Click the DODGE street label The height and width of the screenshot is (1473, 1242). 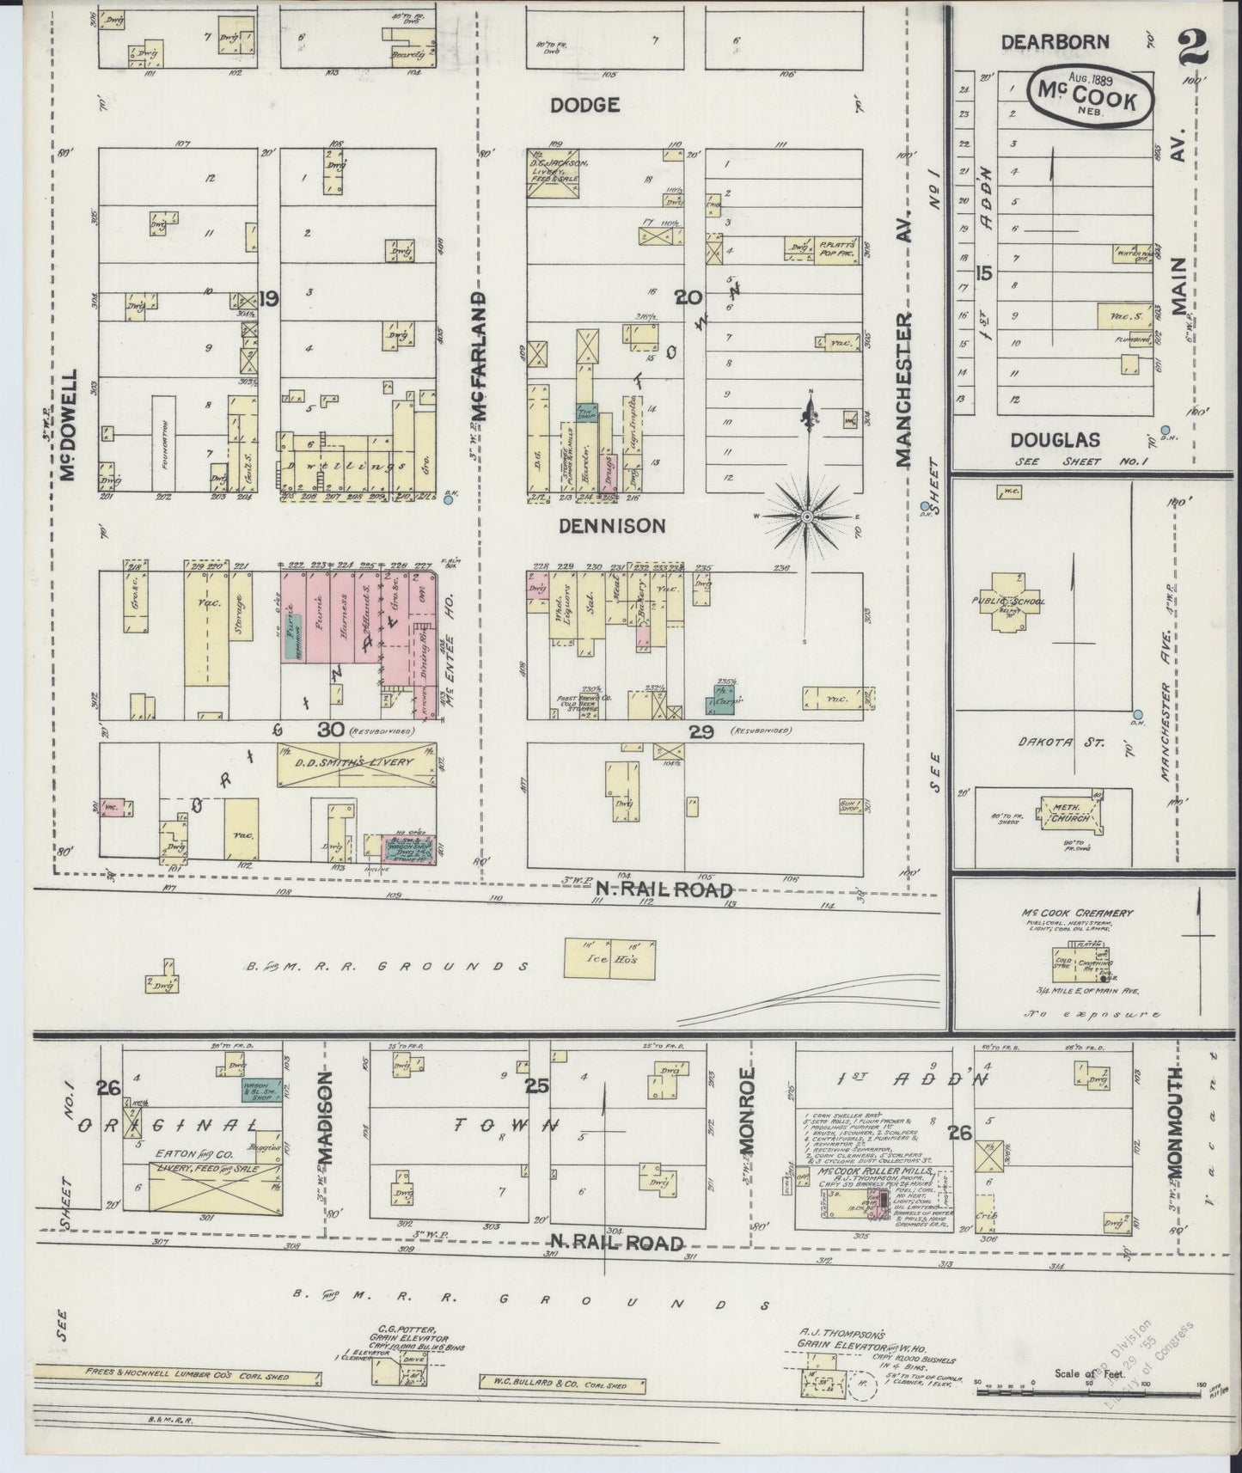[x=585, y=105]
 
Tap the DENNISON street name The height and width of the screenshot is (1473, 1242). [x=612, y=525]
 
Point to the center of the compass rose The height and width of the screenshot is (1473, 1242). [x=808, y=516]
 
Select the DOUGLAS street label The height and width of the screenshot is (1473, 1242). [x=1055, y=440]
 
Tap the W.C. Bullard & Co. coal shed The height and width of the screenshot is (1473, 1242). [x=565, y=1384]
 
